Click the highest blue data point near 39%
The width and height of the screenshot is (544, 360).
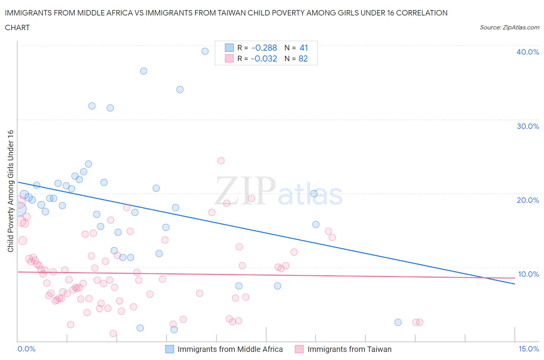point(205,51)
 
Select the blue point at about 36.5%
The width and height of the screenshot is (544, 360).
point(144,71)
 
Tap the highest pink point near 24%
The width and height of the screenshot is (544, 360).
point(221,161)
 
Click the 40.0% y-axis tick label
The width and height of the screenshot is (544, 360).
point(528,52)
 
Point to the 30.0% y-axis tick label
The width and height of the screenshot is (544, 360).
point(528,126)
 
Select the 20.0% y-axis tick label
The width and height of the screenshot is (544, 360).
point(528,200)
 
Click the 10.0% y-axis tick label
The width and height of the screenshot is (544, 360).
point(528,274)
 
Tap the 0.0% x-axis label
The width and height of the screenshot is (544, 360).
point(26,349)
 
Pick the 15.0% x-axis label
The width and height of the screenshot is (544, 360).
point(529,349)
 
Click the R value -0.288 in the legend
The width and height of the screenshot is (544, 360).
point(264,48)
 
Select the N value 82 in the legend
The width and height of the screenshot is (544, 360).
point(303,58)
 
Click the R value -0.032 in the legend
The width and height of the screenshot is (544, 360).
point(264,58)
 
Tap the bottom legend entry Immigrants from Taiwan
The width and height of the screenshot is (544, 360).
point(349,349)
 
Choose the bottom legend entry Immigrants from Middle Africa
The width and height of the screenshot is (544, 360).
point(230,349)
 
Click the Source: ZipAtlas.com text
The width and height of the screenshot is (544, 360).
point(509,27)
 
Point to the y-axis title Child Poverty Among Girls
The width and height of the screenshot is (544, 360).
point(10,190)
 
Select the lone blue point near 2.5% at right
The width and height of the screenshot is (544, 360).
point(398,322)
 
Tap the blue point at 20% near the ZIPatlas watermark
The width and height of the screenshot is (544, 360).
point(314,194)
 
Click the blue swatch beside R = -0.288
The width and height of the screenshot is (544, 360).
point(229,48)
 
